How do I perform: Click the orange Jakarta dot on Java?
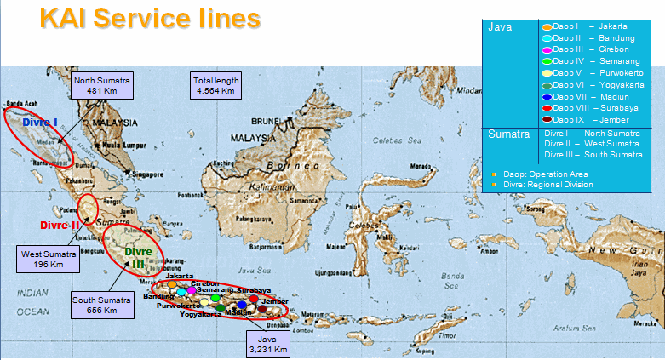pyautogui.click(x=172, y=283)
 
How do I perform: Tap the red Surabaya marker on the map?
pyautogui.click(x=254, y=299)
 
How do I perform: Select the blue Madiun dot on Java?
pyautogui.click(x=242, y=304)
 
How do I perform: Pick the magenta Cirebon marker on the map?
pyautogui.click(x=192, y=291)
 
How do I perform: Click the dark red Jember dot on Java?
pyautogui.click(x=262, y=309)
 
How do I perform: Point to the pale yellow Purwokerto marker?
pyautogui.click(x=204, y=302)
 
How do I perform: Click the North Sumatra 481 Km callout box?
pyautogui.click(x=101, y=86)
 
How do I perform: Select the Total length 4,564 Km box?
pyautogui.click(x=215, y=86)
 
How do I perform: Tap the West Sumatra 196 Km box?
pyautogui.click(x=49, y=259)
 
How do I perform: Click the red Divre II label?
pyautogui.click(x=59, y=226)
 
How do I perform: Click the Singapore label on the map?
pyautogui.click(x=145, y=174)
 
